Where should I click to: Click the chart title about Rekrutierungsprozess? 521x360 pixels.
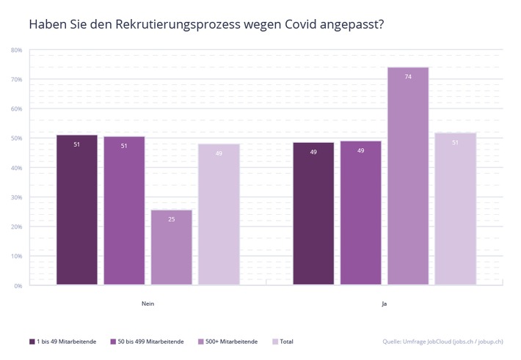click(206, 24)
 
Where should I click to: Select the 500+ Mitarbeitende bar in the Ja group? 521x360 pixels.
click(408, 176)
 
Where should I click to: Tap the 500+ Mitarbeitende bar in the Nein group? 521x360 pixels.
click(171, 247)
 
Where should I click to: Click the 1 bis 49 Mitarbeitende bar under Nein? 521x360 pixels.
click(76, 210)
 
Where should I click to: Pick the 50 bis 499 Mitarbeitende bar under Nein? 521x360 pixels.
click(124, 210)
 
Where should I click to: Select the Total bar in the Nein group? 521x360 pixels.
click(219, 214)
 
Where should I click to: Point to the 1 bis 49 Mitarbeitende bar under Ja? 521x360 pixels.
click(313, 213)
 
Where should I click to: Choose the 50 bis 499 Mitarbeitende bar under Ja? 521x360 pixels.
click(360, 213)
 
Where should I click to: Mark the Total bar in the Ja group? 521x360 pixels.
click(455, 209)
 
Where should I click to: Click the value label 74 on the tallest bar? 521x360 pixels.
click(408, 76)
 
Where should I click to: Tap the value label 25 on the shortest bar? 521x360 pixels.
click(171, 219)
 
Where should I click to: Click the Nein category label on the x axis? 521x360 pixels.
click(147, 303)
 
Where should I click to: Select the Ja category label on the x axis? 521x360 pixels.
click(385, 303)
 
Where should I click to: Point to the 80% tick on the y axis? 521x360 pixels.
click(16, 50)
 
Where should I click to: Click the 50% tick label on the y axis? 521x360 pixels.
click(16, 139)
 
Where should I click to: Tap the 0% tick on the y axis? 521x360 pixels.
click(18, 286)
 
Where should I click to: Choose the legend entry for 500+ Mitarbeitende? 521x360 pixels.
click(228, 341)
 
